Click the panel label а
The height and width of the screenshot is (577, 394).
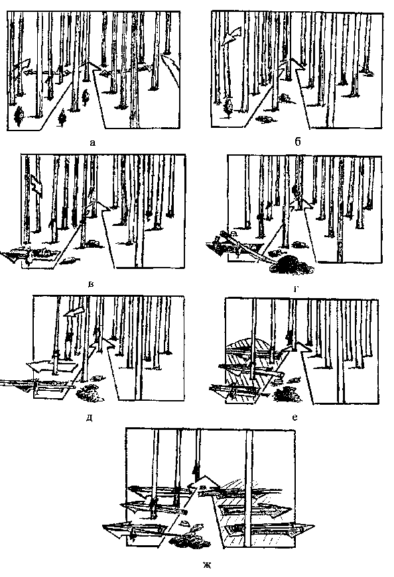pyautogui.click(x=92, y=142)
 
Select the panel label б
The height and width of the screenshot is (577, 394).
pyautogui.click(x=298, y=142)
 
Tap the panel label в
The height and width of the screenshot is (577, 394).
pyautogui.click(x=91, y=284)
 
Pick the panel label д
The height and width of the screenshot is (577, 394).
pyautogui.click(x=89, y=418)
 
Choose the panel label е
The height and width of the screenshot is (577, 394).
pyautogui.click(x=295, y=417)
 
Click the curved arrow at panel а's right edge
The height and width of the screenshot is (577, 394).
pyautogui.click(x=170, y=68)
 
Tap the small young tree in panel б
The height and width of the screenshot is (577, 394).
pyautogui.click(x=228, y=107)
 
